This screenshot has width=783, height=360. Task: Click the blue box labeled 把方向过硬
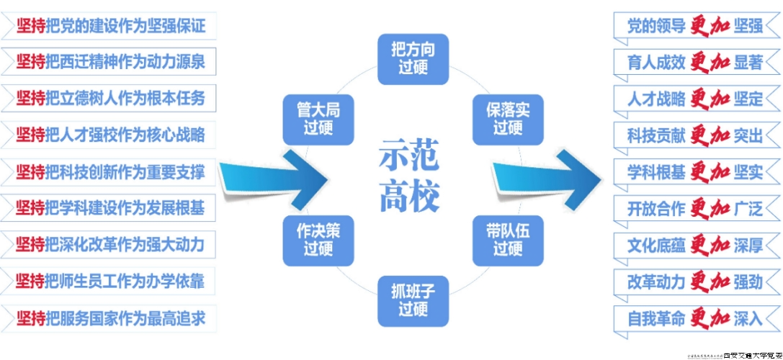point(413,58)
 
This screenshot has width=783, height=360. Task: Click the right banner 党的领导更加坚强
point(694,26)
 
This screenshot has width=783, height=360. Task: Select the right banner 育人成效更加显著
point(694,63)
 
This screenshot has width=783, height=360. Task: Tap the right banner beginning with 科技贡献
point(694,135)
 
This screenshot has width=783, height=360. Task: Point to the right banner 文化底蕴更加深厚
point(694,245)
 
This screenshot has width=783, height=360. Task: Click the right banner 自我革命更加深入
point(694,318)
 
